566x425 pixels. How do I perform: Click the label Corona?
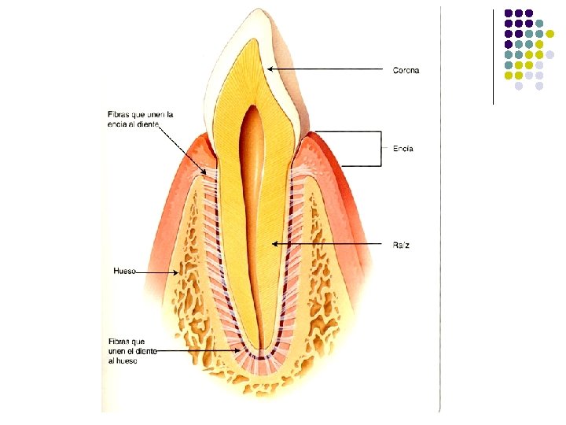(x=406, y=71)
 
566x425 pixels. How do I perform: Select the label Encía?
(x=402, y=149)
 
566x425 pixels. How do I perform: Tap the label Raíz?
(x=401, y=246)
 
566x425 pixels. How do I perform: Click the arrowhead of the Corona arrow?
(x=270, y=68)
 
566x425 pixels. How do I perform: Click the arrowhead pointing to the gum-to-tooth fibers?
(x=206, y=172)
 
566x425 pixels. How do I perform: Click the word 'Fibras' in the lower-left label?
(x=121, y=341)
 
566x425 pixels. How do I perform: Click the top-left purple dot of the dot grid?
(x=509, y=13)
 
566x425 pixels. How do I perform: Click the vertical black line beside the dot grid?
(x=494, y=55)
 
